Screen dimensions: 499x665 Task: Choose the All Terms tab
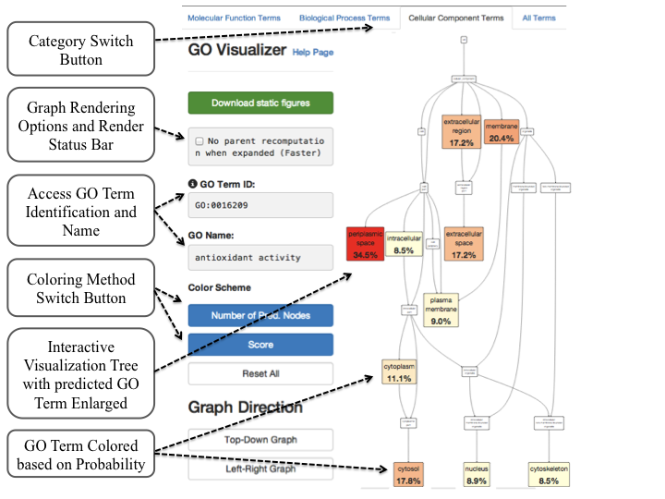click(538, 18)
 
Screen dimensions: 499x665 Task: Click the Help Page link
click(312, 53)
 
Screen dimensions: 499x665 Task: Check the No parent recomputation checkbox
click(199, 141)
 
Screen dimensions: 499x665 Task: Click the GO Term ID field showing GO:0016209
click(260, 206)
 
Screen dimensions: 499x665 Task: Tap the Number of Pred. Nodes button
click(260, 315)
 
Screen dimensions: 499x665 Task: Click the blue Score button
click(260, 344)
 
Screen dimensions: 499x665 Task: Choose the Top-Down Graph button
click(260, 440)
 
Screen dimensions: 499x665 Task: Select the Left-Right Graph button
click(260, 469)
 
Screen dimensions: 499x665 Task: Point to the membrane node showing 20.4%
click(502, 131)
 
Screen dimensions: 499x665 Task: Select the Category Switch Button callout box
click(80, 49)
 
